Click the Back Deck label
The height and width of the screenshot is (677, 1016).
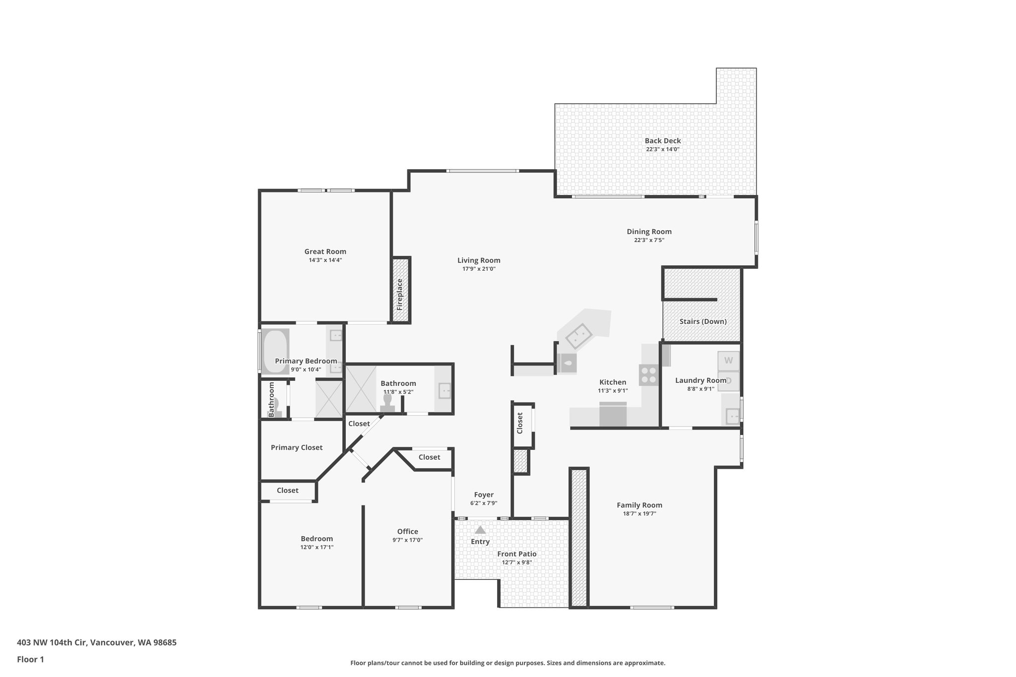pyautogui.click(x=662, y=141)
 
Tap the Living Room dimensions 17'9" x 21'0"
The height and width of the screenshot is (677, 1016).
pyautogui.click(x=479, y=269)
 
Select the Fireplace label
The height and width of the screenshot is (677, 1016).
pyautogui.click(x=400, y=294)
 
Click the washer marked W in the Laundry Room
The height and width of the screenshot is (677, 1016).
pyautogui.click(x=728, y=361)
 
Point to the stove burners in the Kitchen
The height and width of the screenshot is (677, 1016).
pyautogui.click(x=648, y=375)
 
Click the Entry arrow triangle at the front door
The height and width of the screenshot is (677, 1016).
pyautogui.click(x=480, y=530)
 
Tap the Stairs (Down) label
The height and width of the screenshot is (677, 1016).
pyautogui.click(x=703, y=321)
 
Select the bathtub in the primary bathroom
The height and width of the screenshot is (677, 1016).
pyautogui.click(x=275, y=351)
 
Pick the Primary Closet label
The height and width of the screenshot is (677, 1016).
pyautogui.click(x=296, y=447)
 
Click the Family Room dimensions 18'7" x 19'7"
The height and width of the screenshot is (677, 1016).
pyautogui.click(x=639, y=514)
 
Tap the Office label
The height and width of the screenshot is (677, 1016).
pyautogui.click(x=407, y=532)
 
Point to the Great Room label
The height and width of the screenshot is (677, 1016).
pyautogui.click(x=325, y=251)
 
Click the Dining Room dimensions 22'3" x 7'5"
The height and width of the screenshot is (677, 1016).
pyautogui.click(x=649, y=240)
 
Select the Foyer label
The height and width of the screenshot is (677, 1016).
pyautogui.click(x=484, y=494)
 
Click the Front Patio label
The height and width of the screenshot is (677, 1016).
pyautogui.click(x=517, y=554)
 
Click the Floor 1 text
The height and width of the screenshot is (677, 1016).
pyautogui.click(x=30, y=659)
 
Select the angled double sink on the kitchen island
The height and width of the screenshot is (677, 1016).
pyautogui.click(x=579, y=336)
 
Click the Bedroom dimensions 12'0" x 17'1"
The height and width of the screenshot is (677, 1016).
pyautogui.click(x=317, y=547)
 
